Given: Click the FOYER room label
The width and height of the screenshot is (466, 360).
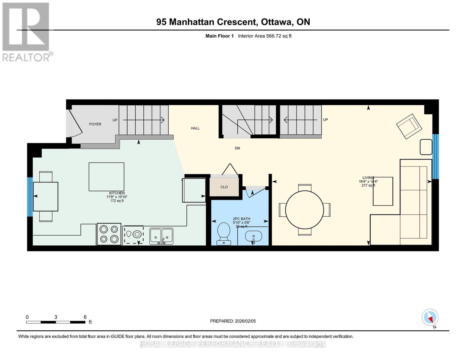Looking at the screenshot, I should (x=95, y=124).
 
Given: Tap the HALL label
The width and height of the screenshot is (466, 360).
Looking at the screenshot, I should (x=195, y=128).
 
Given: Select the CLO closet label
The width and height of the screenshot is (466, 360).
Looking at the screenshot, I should (x=224, y=187).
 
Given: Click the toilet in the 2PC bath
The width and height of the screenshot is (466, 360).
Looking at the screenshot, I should (x=223, y=233).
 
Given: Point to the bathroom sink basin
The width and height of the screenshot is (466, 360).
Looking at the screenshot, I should (x=254, y=236).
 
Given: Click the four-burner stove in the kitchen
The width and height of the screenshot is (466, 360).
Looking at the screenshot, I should (x=109, y=234).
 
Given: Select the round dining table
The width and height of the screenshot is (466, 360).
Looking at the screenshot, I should (x=305, y=210).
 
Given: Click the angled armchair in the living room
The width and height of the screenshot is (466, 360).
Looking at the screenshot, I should (x=409, y=126).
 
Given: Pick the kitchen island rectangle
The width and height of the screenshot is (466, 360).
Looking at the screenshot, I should (x=106, y=177).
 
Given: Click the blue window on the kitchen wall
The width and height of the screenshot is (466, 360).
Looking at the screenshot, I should (x=30, y=197).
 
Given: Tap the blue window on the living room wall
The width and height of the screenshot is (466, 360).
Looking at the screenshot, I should (x=435, y=156).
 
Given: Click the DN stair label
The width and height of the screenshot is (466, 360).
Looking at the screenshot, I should (x=237, y=148).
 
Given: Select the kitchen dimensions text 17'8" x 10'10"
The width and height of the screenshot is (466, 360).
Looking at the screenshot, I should (x=117, y=197).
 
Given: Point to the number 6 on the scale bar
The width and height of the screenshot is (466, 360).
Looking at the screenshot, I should (x=85, y=317).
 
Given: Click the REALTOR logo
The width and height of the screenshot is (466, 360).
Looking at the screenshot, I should (x=27, y=32).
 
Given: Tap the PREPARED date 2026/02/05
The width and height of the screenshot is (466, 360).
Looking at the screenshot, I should (x=233, y=321).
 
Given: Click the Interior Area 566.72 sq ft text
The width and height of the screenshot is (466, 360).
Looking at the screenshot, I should (x=265, y=36).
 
